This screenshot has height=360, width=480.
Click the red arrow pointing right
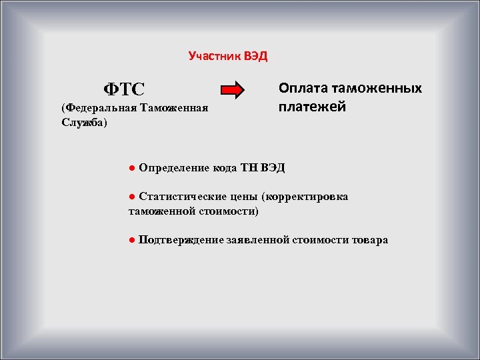point(233,90)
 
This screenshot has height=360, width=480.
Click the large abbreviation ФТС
point(123,88)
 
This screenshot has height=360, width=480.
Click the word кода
point(225,167)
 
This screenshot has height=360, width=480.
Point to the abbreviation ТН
point(251,167)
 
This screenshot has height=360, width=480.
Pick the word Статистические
point(180,197)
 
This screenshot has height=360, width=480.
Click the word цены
point(243,197)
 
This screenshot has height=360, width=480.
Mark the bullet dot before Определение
point(133,167)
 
